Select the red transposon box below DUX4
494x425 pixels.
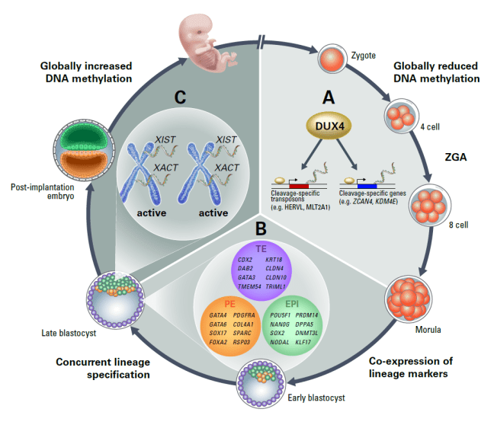tap(298, 185)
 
